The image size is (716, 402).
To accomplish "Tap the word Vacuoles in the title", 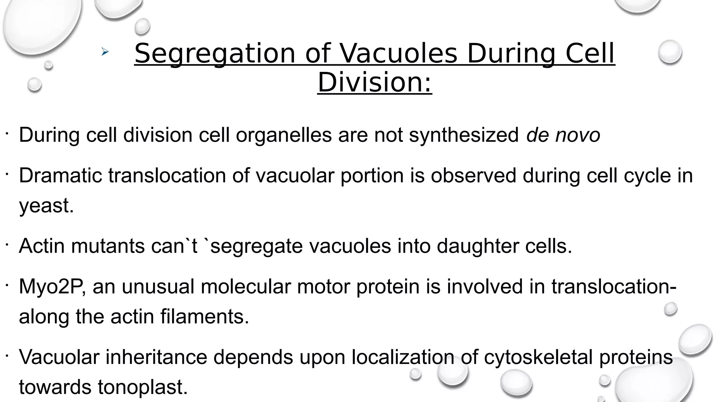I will pos(399,54).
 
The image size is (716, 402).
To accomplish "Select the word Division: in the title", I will pos(374,82).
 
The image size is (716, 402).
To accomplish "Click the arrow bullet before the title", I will pos(105,52).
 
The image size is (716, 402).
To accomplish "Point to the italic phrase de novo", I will pos(563,135).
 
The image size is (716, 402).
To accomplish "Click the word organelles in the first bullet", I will pos(284,136).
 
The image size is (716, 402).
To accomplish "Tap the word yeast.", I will pos(46,206).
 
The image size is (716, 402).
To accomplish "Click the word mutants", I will pos(108,246).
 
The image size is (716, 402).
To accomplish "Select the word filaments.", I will pos(205,317).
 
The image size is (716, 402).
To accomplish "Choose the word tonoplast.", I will pos(143,387).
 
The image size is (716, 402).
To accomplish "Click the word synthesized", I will pos(464,136).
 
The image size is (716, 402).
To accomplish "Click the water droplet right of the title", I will pos(670,52).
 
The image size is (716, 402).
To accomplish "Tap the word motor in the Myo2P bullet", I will pos(323,287).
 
